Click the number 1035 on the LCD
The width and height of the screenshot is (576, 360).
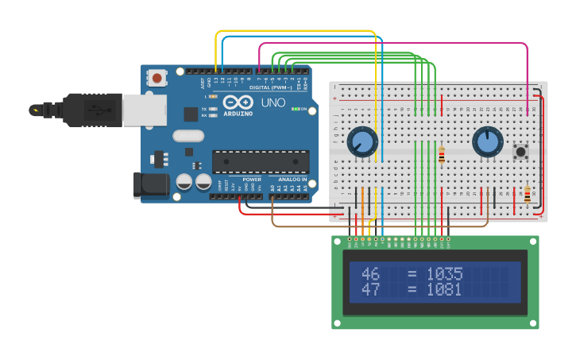pos(444,274)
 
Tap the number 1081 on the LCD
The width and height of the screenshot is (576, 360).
pos(444,290)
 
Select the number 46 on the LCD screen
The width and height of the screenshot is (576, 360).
pos(370,274)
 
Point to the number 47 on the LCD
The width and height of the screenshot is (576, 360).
pos(370,290)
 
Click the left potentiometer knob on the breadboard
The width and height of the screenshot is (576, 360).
pos(361,142)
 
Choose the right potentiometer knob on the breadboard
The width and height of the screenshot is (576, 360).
pos(487,142)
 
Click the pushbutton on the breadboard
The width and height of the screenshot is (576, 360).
pos(522,150)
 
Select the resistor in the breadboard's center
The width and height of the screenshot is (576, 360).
pos(442,155)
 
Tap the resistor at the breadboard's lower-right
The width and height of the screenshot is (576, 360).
pos(528,194)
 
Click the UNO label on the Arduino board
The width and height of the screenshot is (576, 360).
pos(273,103)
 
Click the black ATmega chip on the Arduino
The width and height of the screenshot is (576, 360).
pos(260,161)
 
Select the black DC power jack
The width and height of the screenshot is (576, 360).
pos(150,185)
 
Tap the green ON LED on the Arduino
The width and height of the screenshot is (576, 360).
pos(295,109)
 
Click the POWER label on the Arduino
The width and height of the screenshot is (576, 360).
pos(252,180)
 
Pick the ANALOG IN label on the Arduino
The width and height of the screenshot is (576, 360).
pos(292,180)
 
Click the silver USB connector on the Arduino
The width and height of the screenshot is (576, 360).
pos(144,110)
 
